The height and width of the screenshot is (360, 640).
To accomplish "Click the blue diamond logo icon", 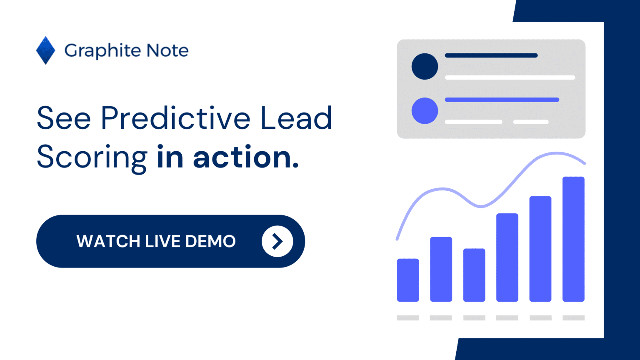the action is click(x=46, y=50).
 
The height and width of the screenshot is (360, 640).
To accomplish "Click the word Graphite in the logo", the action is click(x=102, y=51).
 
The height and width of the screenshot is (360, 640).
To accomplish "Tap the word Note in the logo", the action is click(x=167, y=50).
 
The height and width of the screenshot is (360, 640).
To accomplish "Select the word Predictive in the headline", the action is click(x=175, y=118).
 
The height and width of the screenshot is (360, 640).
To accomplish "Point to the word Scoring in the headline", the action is click(x=92, y=158).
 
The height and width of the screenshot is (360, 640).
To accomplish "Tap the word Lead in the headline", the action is click(x=296, y=117).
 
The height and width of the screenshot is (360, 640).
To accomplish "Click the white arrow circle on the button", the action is click(x=277, y=241).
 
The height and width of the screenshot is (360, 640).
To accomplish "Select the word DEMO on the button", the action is click(x=210, y=241).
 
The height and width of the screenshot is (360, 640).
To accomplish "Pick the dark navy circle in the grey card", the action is click(x=425, y=66).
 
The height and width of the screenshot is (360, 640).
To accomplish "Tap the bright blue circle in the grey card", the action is click(x=425, y=111).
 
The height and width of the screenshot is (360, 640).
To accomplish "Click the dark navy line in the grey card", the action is click(x=491, y=55).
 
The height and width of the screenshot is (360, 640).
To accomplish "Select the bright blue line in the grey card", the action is click(x=502, y=100).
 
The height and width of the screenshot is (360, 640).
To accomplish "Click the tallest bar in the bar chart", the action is click(x=573, y=239).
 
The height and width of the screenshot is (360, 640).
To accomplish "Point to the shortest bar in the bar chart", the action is click(x=408, y=280).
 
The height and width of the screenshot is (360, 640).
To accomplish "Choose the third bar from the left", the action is click(x=474, y=275).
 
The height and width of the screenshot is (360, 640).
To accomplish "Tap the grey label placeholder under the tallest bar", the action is click(x=573, y=318).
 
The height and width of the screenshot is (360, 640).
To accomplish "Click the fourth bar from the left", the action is click(x=507, y=257).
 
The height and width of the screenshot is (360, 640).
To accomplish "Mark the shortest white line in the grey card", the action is click(x=531, y=122).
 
